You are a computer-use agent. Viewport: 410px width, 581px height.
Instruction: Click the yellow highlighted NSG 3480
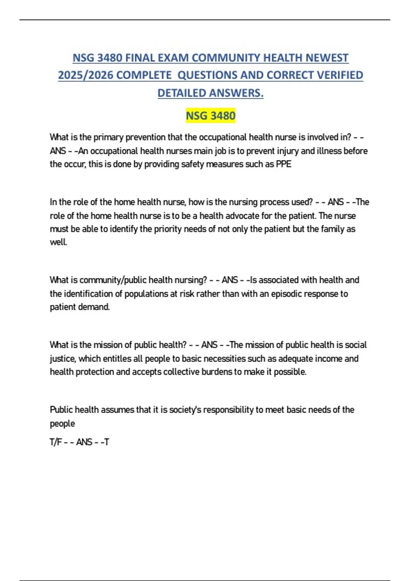point(210,116)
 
